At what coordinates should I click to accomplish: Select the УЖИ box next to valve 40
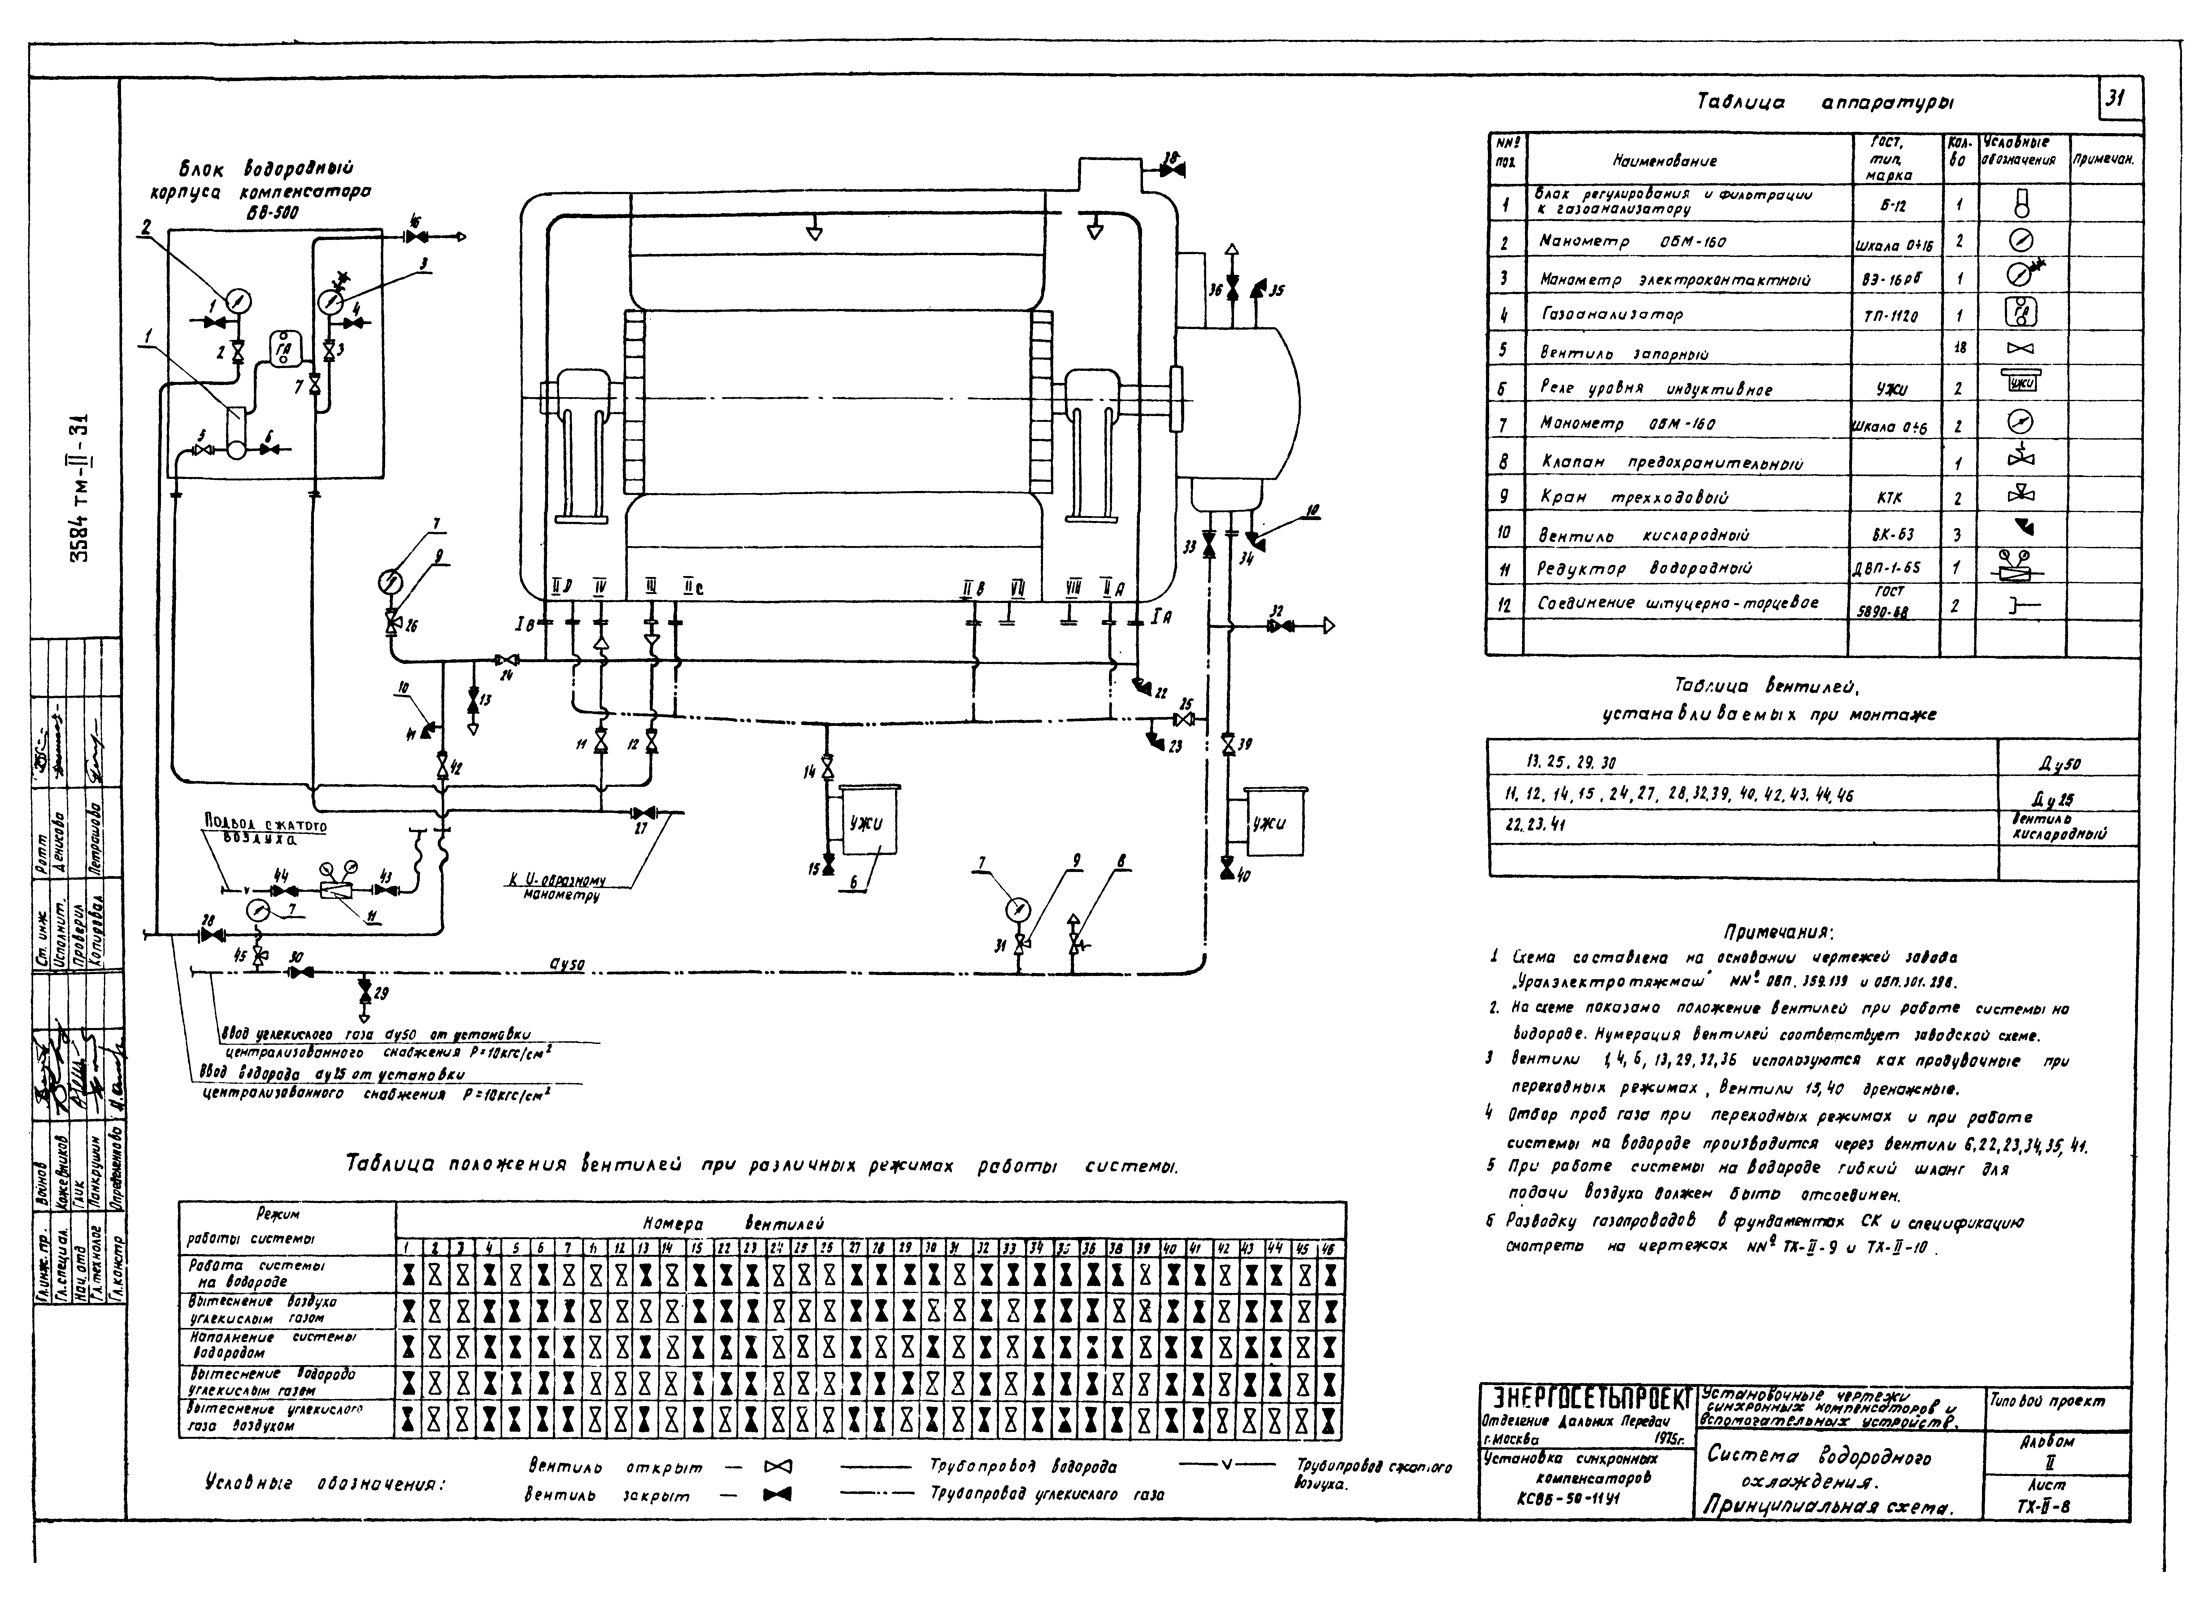[1268, 824]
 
